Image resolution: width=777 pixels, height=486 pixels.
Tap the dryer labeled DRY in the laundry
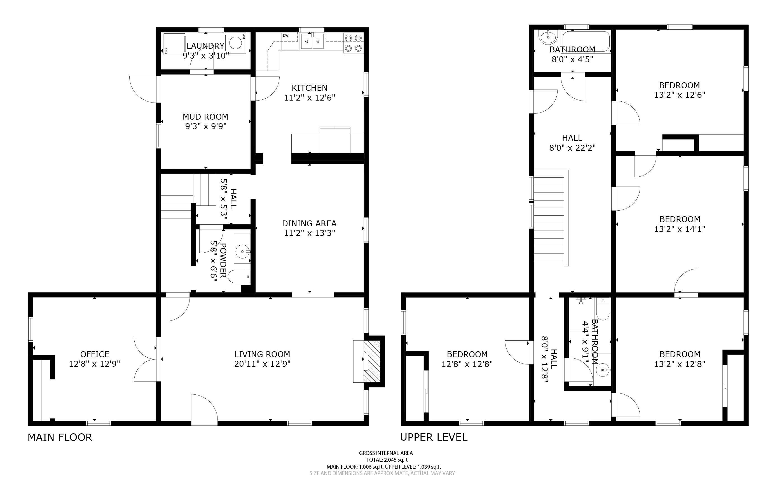174,44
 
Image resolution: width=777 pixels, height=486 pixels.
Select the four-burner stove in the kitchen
353,43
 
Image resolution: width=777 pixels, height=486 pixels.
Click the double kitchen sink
312,41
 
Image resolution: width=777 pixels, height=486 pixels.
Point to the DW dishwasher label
285,35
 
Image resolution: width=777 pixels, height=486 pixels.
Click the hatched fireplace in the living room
372,361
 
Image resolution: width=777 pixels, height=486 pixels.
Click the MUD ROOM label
205,117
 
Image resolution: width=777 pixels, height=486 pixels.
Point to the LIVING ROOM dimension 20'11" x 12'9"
262,364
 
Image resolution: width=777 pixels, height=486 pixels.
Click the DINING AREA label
309,224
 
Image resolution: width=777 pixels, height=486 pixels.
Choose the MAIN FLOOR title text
60,438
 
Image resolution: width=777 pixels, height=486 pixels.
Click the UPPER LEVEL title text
434,437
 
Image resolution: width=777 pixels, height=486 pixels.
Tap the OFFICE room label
95,354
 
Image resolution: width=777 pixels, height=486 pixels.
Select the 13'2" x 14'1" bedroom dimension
680,229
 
